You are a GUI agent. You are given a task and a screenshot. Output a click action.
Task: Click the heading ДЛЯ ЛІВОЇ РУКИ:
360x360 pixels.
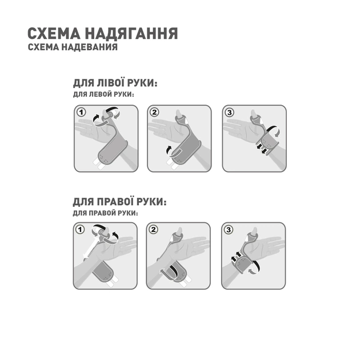click(115, 83)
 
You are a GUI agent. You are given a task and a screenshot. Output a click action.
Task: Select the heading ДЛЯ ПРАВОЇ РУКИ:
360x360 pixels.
click(119, 202)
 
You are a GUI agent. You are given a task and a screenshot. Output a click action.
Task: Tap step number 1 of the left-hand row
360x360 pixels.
click(82, 113)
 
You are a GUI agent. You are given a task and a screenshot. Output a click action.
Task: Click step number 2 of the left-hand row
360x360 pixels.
click(154, 113)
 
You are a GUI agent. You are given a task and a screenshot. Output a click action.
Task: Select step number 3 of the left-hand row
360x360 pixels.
click(229, 113)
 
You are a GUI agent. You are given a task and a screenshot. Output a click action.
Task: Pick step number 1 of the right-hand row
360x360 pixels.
click(80, 230)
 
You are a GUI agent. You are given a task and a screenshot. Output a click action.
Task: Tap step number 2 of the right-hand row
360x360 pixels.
click(153, 230)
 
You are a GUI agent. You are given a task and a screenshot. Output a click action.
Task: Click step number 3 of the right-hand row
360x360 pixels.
click(229, 230)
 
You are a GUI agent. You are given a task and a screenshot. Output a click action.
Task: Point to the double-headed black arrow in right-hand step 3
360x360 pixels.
click(235, 259)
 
